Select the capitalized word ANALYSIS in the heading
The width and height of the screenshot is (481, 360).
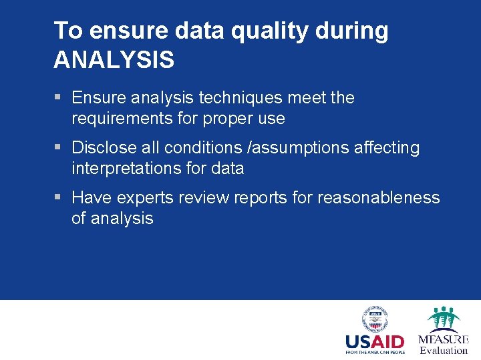(x=114, y=60)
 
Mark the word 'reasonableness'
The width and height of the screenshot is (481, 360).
(x=379, y=198)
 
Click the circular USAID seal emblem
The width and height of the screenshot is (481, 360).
(x=375, y=319)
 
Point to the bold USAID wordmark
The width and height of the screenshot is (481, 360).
(x=375, y=343)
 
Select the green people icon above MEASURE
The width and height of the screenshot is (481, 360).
(x=443, y=319)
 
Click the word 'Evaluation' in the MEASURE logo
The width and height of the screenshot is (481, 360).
(x=444, y=351)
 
